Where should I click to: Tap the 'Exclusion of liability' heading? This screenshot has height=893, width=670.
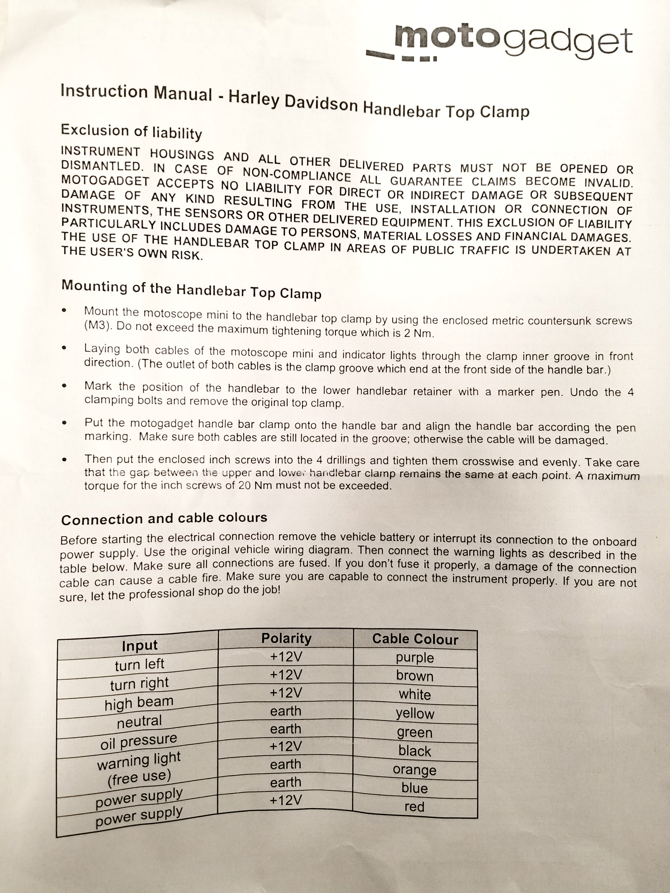[131, 132]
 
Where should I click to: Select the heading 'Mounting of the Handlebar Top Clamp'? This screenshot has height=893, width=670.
[191, 290]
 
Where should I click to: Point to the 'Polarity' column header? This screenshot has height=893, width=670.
[286, 638]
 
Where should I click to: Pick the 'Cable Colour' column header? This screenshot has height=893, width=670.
[415, 639]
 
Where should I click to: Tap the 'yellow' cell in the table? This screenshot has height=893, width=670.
[415, 713]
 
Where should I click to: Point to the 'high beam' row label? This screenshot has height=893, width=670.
[139, 704]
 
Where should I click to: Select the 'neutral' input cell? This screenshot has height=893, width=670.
[139, 722]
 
